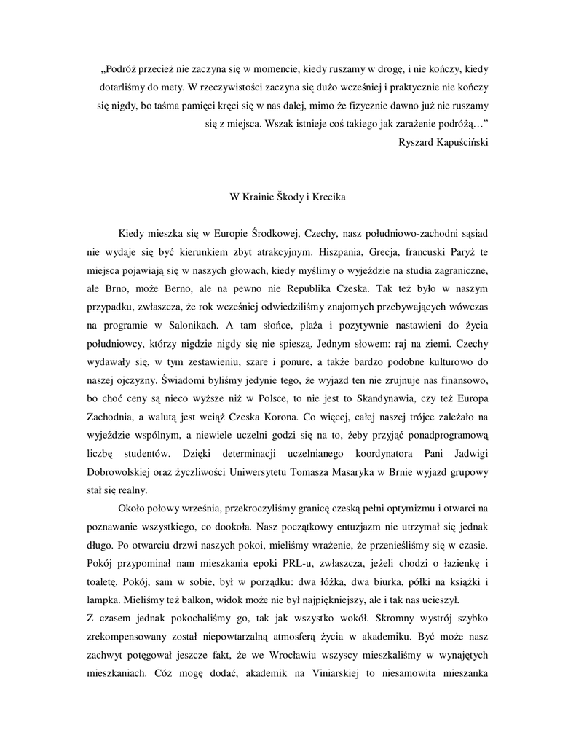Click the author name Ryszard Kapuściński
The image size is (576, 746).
point(443,142)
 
